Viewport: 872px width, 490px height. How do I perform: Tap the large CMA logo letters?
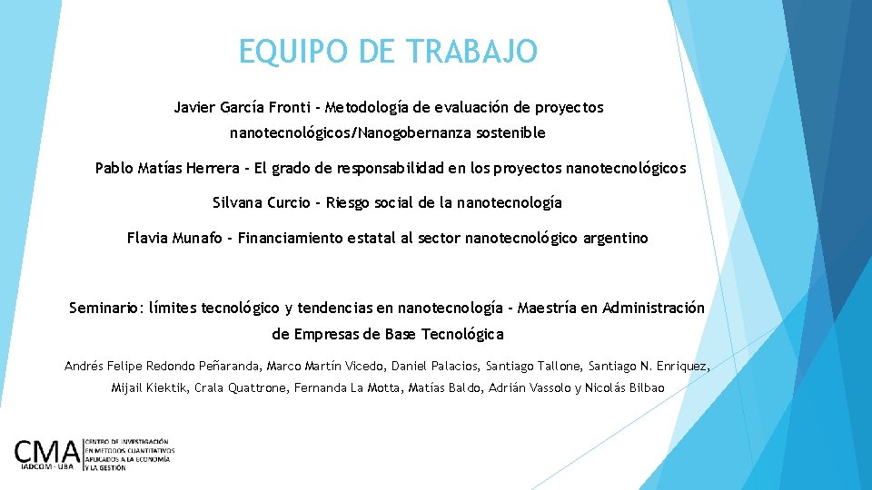tap(47, 452)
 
